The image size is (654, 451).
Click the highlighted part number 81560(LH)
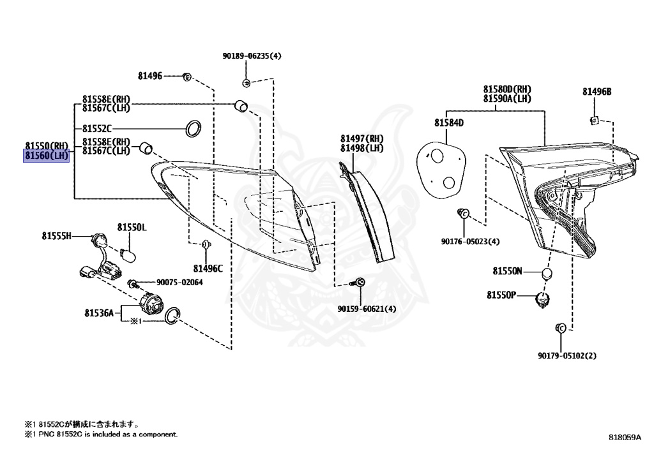click(47, 154)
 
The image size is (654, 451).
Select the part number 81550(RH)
click(47, 145)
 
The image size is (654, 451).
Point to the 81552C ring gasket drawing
click(193, 128)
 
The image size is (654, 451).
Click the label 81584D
click(449, 122)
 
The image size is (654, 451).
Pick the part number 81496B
click(597, 92)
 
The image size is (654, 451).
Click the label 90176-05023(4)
click(471, 241)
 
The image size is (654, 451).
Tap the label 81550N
click(507, 271)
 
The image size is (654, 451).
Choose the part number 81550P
click(501, 295)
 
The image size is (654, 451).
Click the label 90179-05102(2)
click(567, 355)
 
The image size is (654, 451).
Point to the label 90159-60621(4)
click(367, 309)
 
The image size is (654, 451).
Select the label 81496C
click(208, 269)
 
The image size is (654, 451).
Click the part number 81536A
click(98, 313)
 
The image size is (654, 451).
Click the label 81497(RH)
click(361, 138)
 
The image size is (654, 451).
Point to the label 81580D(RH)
click(506, 89)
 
